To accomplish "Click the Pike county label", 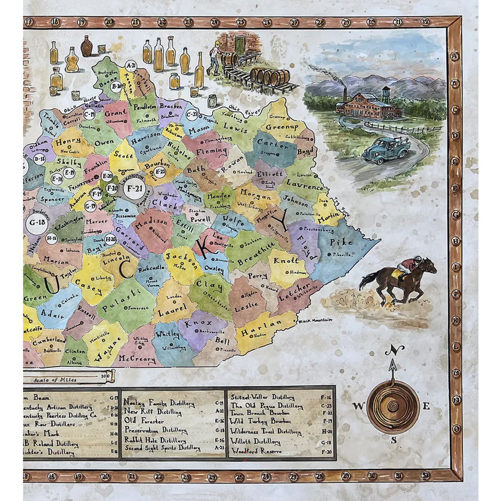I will coord(342,242).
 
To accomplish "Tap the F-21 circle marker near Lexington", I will coord(134,188).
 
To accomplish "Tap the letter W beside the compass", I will coord(358,406).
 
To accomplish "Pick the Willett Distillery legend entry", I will coord(256,441).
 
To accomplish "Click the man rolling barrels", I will coord(214,57).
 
